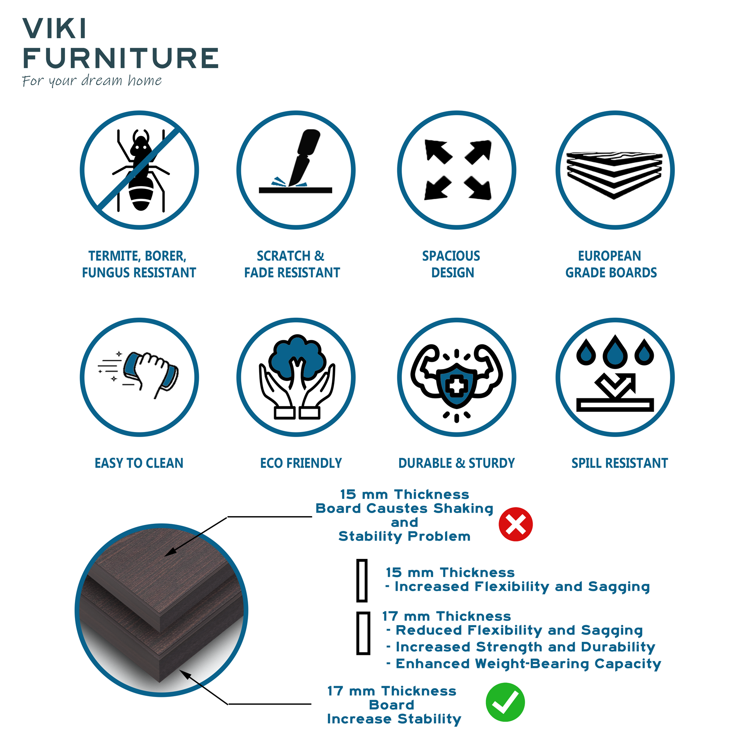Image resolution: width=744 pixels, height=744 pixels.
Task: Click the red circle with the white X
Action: coord(515,524)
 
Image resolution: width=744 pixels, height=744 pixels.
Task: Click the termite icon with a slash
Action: coord(140,170)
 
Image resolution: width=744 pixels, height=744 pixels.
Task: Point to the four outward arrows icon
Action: coord(457,170)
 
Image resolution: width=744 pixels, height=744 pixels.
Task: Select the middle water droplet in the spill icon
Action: coord(615,352)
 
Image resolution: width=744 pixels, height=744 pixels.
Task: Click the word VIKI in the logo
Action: coord(55,29)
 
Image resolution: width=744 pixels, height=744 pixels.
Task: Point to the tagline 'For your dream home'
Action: coord(92,81)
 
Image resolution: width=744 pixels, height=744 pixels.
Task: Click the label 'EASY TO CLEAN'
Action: coord(139,463)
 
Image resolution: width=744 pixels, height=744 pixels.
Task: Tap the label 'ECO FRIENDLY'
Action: coord(301,463)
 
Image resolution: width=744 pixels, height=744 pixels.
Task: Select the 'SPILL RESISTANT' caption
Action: coord(619,463)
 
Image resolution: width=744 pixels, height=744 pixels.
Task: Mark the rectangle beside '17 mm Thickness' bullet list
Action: coord(363,633)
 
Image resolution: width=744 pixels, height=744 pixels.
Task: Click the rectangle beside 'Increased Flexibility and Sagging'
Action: coord(362,580)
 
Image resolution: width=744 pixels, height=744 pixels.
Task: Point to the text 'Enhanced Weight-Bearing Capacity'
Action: coord(528,663)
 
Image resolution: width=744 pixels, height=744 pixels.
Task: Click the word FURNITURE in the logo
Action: coord(120,58)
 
